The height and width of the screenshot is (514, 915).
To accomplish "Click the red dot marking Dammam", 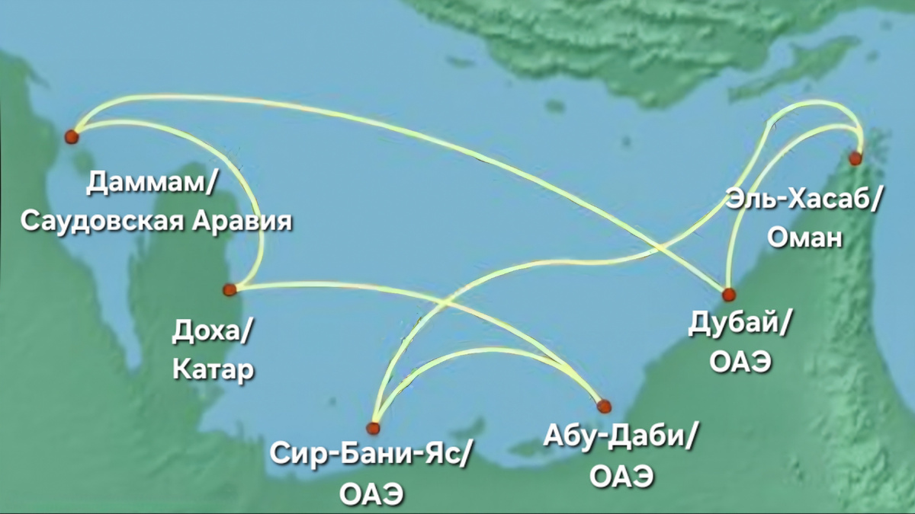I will pyautogui.click(x=72, y=136).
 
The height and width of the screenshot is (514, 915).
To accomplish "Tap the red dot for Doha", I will pyautogui.click(x=230, y=289).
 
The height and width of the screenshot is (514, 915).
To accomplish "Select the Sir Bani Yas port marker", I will pyautogui.click(x=373, y=427).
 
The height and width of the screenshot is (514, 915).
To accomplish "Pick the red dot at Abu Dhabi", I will pyautogui.click(x=604, y=405).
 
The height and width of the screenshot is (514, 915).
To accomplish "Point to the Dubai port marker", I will pyautogui.click(x=728, y=295).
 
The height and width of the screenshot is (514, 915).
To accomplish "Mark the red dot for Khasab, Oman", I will pyautogui.click(x=855, y=158).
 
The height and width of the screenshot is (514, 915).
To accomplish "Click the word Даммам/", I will pyautogui.click(x=153, y=183).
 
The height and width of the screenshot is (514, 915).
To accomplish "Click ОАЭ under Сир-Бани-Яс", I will pyautogui.click(x=371, y=493).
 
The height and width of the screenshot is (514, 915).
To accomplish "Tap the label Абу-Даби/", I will pyautogui.click(x=621, y=437).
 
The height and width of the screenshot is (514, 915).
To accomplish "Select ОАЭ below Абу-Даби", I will pyautogui.click(x=621, y=477).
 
